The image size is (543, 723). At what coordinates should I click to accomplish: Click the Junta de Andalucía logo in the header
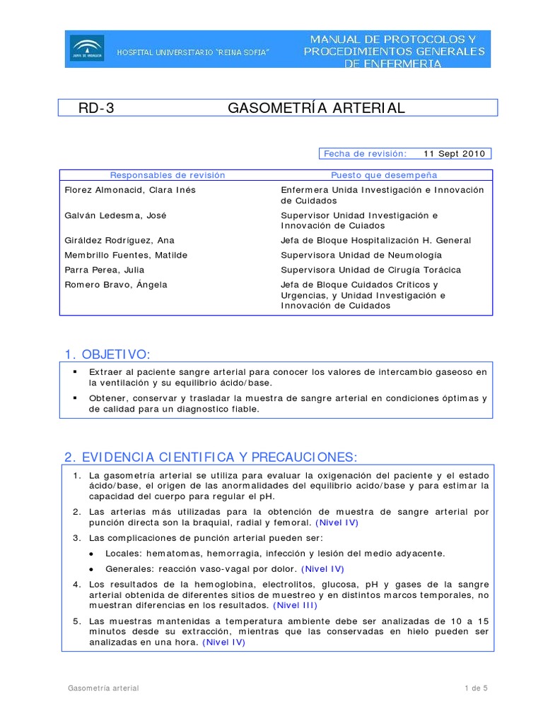click(86, 48)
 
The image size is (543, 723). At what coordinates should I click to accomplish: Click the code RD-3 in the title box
click(96, 108)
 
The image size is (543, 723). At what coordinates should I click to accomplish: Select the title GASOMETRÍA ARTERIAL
click(316, 108)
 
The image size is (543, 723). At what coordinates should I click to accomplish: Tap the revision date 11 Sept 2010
click(454, 154)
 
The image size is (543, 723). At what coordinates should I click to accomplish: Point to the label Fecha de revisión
click(365, 154)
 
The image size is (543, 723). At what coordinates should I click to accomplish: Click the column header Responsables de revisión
click(168, 175)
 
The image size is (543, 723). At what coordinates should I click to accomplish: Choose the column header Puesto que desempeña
click(384, 175)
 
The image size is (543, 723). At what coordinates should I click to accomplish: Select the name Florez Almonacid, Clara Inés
click(129, 190)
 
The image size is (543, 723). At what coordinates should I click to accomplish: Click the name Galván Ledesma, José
click(115, 215)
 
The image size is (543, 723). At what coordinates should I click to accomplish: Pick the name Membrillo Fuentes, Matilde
click(126, 255)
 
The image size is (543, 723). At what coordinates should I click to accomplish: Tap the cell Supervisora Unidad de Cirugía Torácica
click(370, 270)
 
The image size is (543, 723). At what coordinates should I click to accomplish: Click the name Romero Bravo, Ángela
click(115, 285)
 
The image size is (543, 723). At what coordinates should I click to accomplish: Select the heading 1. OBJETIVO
click(107, 354)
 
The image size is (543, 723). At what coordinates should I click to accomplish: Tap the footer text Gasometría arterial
click(103, 688)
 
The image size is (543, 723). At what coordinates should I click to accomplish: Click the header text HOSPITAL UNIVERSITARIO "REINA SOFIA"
click(192, 54)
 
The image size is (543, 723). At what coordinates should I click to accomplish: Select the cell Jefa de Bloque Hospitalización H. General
click(375, 241)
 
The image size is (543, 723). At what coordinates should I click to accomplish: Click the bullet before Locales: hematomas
click(93, 554)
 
